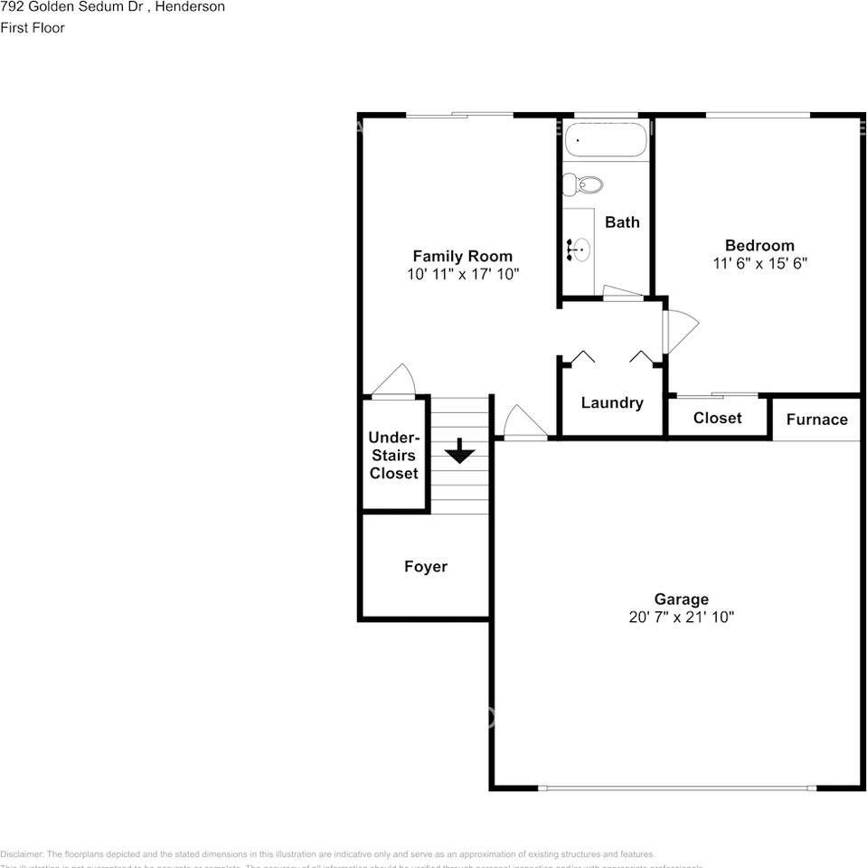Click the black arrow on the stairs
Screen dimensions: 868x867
tap(459, 450)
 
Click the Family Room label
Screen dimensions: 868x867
tap(462, 256)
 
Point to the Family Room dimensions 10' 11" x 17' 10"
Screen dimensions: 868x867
tap(462, 274)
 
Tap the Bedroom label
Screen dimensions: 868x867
tap(759, 245)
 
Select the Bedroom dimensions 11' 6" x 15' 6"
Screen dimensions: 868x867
tap(759, 263)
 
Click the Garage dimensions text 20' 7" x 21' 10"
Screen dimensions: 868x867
tap(682, 617)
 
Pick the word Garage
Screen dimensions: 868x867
tap(682, 599)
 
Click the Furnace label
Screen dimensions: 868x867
tap(816, 420)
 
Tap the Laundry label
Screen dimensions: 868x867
tap(612, 403)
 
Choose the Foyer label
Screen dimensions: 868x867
tap(425, 567)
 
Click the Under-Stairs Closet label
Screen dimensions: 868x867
tap(393, 455)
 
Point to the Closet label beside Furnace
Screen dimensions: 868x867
tap(717, 418)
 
